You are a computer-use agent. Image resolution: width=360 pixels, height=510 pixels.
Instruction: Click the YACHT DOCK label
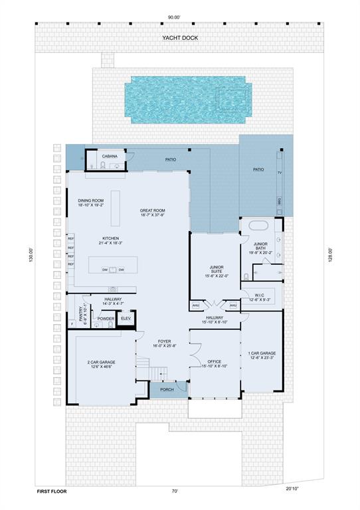point(180,38)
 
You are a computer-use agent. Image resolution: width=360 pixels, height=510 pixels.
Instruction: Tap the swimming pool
point(188,100)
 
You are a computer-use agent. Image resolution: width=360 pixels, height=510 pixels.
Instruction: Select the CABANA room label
point(110,157)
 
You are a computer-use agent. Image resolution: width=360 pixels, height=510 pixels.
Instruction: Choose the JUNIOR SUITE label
point(215,270)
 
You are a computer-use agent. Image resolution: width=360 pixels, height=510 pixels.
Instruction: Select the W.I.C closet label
point(260,297)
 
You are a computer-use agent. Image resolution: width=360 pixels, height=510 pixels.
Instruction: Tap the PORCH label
point(167,390)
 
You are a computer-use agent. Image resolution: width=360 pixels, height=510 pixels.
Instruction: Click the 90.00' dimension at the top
point(180,18)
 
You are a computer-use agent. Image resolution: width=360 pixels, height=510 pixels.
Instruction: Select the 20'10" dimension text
point(293,489)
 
